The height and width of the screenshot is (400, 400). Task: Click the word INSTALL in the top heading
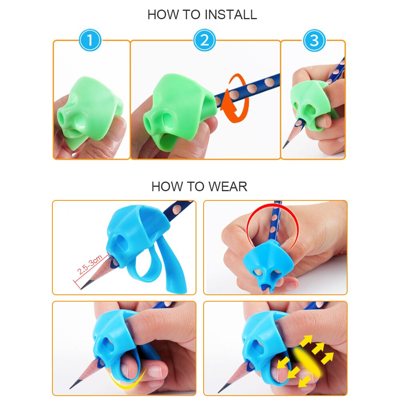click(230, 15)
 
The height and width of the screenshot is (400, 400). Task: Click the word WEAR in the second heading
click(227, 186)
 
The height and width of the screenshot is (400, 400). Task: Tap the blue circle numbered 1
click(90, 40)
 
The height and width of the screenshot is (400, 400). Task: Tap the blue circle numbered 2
click(204, 40)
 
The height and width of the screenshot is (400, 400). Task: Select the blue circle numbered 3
click(314, 40)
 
